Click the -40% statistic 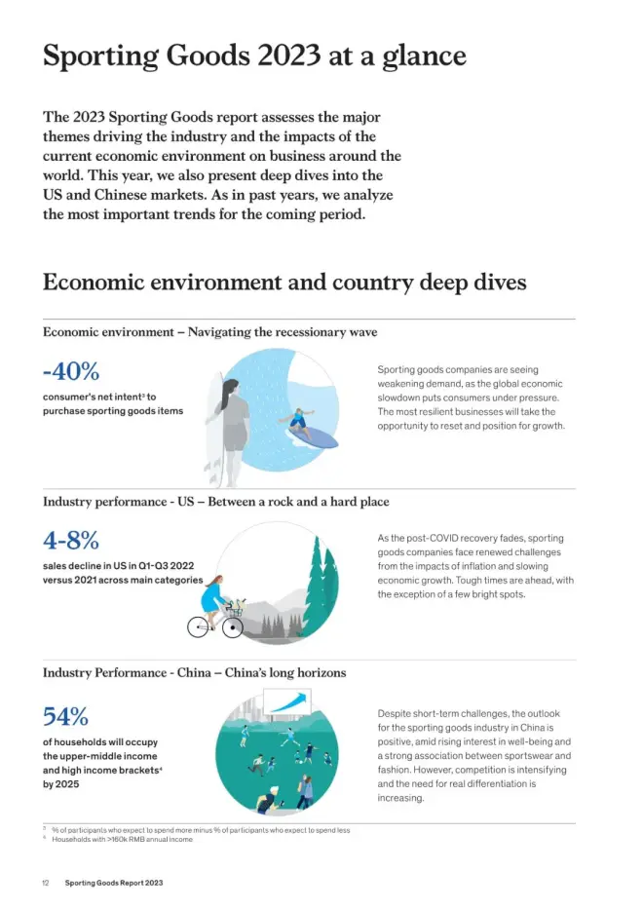[71, 372]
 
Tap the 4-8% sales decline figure [70, 540]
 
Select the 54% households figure [65, 717]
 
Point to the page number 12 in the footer [46, 883]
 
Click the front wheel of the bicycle [232, 627]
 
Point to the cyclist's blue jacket [214, 591]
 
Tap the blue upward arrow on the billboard [289, 701]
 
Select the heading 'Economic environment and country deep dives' [284, 283]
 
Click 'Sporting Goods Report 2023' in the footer [113, 883]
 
